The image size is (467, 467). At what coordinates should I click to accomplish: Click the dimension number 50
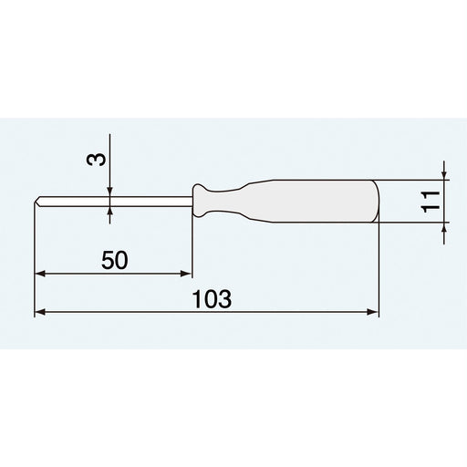[x=114, y=260]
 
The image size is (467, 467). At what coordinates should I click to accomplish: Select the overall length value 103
[x=212, y=299]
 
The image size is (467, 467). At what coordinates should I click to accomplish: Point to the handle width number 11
[x=431, y=201]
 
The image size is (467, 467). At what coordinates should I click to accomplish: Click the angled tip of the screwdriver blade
[x=38, y=202]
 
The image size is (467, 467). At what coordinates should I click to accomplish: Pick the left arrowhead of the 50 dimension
[x=39, y=272]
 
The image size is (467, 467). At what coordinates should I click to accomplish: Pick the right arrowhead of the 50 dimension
[x=187, y=272]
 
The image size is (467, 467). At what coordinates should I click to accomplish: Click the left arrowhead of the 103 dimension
[x=39, y=312]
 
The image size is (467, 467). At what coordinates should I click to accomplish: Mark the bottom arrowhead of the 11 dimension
[x=444, y=226]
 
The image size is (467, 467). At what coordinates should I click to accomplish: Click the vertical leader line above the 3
[x=109, y=150]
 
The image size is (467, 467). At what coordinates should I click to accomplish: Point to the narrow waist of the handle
[x=228, y=201]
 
